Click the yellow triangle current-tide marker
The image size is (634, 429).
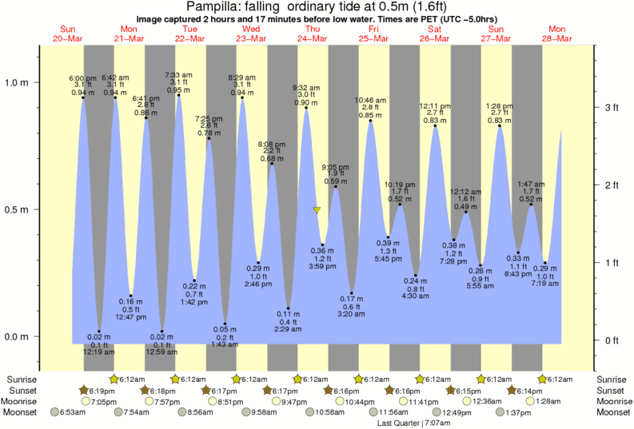317,211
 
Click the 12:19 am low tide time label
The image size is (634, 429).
99,352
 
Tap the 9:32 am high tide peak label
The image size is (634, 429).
306,86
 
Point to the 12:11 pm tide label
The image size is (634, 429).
435,105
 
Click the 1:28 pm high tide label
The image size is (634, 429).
500,105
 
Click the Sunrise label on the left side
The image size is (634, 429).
22,379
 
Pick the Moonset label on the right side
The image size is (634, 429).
613,412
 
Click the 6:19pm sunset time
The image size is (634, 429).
99,390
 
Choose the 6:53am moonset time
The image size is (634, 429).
68,412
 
